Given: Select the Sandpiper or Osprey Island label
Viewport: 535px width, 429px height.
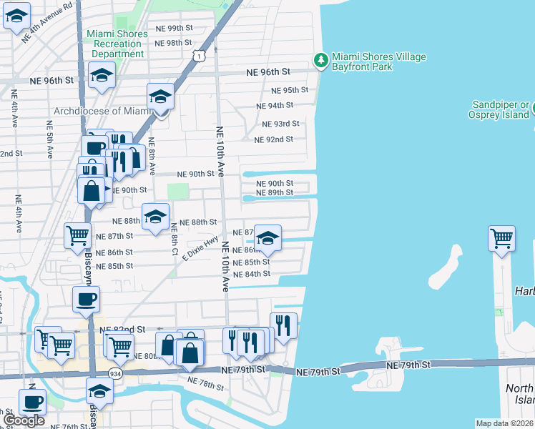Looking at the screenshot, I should tap(499, 109).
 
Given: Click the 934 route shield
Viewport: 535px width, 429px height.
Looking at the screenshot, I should tap(114, 373).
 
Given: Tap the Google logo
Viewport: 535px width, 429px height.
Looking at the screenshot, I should tap(24, 420).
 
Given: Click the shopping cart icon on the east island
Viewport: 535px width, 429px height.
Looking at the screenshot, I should tap(502, 239).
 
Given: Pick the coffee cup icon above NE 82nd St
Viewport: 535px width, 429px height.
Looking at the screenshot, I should tap(86, 299).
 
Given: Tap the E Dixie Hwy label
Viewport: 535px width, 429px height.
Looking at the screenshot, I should tap(200, 250).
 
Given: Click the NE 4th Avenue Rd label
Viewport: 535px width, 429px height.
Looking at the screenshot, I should tap(49, 22).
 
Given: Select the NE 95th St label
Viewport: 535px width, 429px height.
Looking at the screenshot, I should tap(290, 90).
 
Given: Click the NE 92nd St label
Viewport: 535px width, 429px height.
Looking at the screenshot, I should tap(274, 139).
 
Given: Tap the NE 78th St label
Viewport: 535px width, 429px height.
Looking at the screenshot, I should tap(206, 385).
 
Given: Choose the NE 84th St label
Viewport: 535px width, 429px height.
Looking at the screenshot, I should tap(252, 274).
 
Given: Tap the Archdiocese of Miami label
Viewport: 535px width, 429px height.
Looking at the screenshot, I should tap(104, 111).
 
